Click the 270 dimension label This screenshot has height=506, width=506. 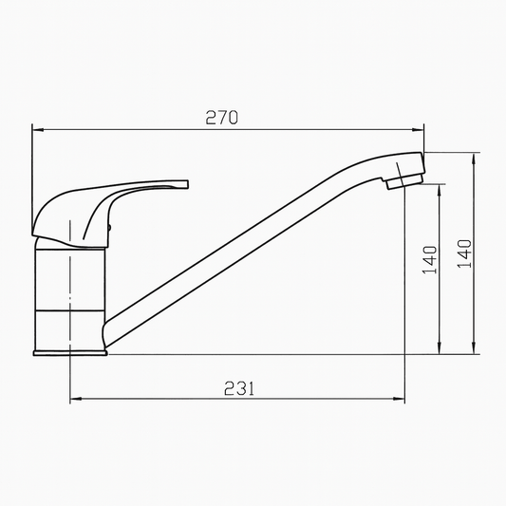pyautogui.click(x=221, y=118)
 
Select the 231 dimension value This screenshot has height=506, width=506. pyautogui.click(x=238, y=387)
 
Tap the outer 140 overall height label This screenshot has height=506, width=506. pyautogui.click(x=464, y=253)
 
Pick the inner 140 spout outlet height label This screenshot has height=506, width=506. pyautogui.click(x=430, y=259)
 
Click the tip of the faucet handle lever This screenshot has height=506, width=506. pyautogui.click(x=186, y=181)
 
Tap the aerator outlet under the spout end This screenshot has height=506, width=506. pyautogui.click(x=399, y=182)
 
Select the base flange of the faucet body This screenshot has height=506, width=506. pyautogui.click(x=70, y=352)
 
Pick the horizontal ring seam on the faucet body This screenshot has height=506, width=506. pyautogui.click(x=70, y=309)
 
